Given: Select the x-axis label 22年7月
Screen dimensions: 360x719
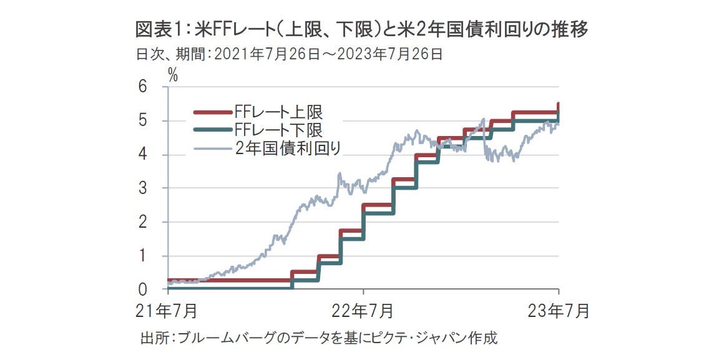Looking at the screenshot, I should pyautogui.click(x=363, y=310).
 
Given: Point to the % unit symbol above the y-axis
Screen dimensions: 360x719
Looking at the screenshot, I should pyautogui.click(x=173, y=76).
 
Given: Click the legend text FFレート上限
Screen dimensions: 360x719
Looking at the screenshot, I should pyautogui.click(x=278, y=113).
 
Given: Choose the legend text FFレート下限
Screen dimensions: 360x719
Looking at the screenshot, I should pyautogui.click(x=278, y=130).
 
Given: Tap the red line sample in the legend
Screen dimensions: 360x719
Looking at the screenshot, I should pyautogui.click(x=212, y=113).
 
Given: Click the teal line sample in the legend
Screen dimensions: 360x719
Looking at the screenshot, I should pyautogui.click(x=212, y=130).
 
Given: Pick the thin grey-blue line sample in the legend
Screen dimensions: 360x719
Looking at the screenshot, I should pyautogui.click(x=212, y=148).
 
